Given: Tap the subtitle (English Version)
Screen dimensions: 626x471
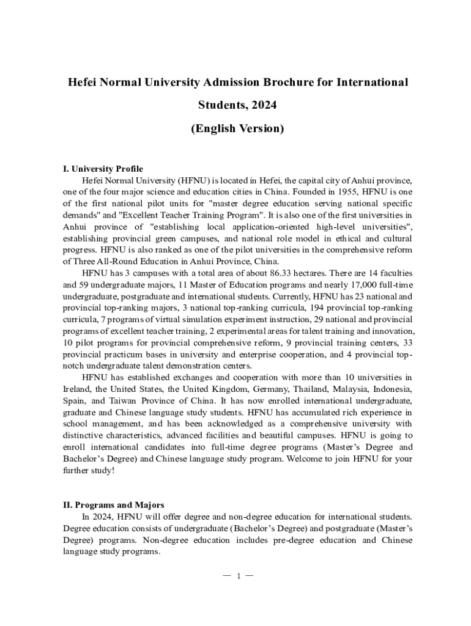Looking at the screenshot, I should pos(237,128).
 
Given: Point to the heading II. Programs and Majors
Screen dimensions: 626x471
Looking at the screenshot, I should pos(114,505).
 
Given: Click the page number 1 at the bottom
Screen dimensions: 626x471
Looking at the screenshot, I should pos(237,576).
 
